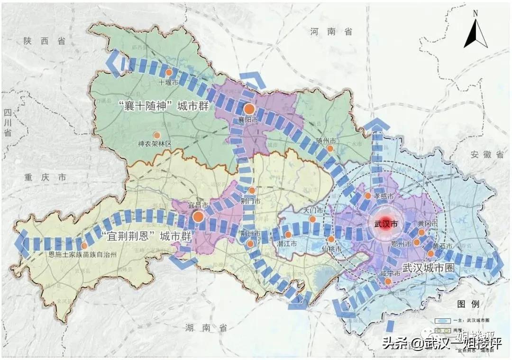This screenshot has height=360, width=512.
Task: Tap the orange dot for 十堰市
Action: (x=169, y=72)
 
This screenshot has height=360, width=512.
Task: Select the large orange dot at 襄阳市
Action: (x=249, y=109)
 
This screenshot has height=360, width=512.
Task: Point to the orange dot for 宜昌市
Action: (x=199, y=217)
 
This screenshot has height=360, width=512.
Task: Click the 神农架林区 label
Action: (x=154, y=143)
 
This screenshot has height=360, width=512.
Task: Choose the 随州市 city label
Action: (x=326, y=141)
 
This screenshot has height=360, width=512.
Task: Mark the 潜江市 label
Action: (x=286, y=243)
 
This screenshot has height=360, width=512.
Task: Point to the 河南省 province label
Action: (x=331, y=32)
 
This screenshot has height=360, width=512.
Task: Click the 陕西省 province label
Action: (x=44, y=41)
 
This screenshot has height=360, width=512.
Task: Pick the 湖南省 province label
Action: (x=206, y=328)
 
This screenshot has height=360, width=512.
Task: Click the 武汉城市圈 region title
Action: (x=428, y=267)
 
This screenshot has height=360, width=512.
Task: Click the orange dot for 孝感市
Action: (x=367, y=195)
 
